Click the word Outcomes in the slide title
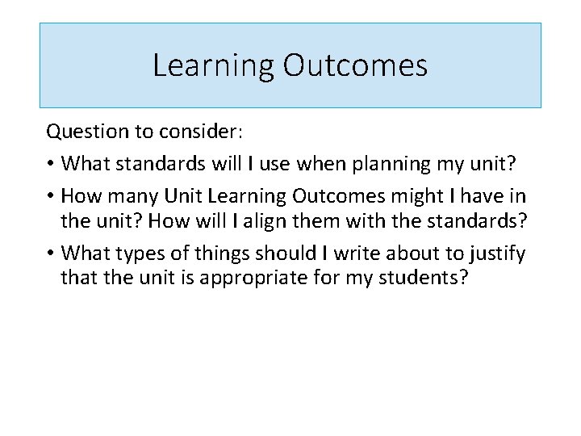pos(355,65)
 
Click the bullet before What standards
pos(50,164)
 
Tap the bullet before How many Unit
pos(50,195)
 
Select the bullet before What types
pos(50,254)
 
